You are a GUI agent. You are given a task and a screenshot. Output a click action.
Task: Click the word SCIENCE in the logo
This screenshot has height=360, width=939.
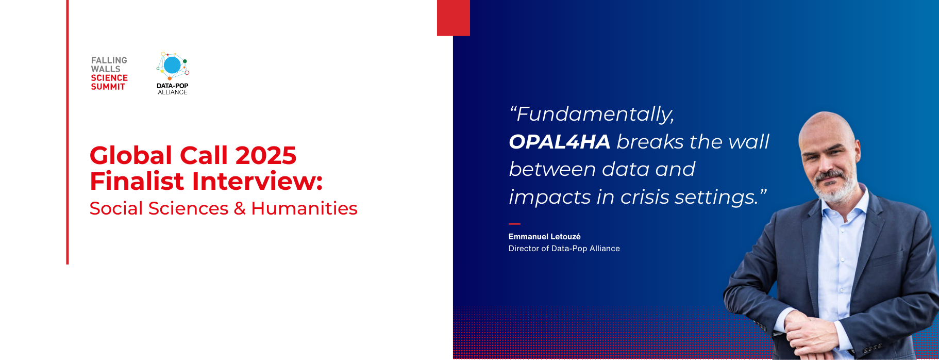[x=109, y=78]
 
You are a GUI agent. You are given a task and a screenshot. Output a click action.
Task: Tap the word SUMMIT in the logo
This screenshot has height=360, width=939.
[x=108, y=87]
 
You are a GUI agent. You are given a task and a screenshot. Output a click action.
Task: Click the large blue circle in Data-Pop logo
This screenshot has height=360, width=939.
[x=172, y=65]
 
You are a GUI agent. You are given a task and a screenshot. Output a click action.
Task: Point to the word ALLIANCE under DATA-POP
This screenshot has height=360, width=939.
[x=173, y=92]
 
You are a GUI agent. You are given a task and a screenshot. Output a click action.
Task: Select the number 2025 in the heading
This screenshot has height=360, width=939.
[x=266, y=155]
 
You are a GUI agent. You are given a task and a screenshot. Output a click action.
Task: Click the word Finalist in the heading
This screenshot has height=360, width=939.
[x=137, y=181]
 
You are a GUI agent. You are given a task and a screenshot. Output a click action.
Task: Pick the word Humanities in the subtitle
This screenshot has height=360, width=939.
[x=304, y=208]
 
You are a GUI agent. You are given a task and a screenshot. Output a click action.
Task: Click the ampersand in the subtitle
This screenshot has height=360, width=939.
[x=240, y=208]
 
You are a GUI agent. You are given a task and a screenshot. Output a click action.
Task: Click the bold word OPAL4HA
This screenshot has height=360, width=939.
[x=560, y=142]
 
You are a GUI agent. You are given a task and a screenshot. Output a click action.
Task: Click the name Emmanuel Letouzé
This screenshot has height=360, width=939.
[x=544, y=237]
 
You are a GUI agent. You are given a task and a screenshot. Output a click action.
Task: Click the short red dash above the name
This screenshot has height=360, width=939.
[x=515, y=224]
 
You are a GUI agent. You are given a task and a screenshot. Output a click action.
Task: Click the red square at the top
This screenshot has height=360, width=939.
[x=454, y=18]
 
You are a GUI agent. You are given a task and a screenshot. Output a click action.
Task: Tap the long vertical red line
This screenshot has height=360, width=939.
[x=68, y=132]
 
